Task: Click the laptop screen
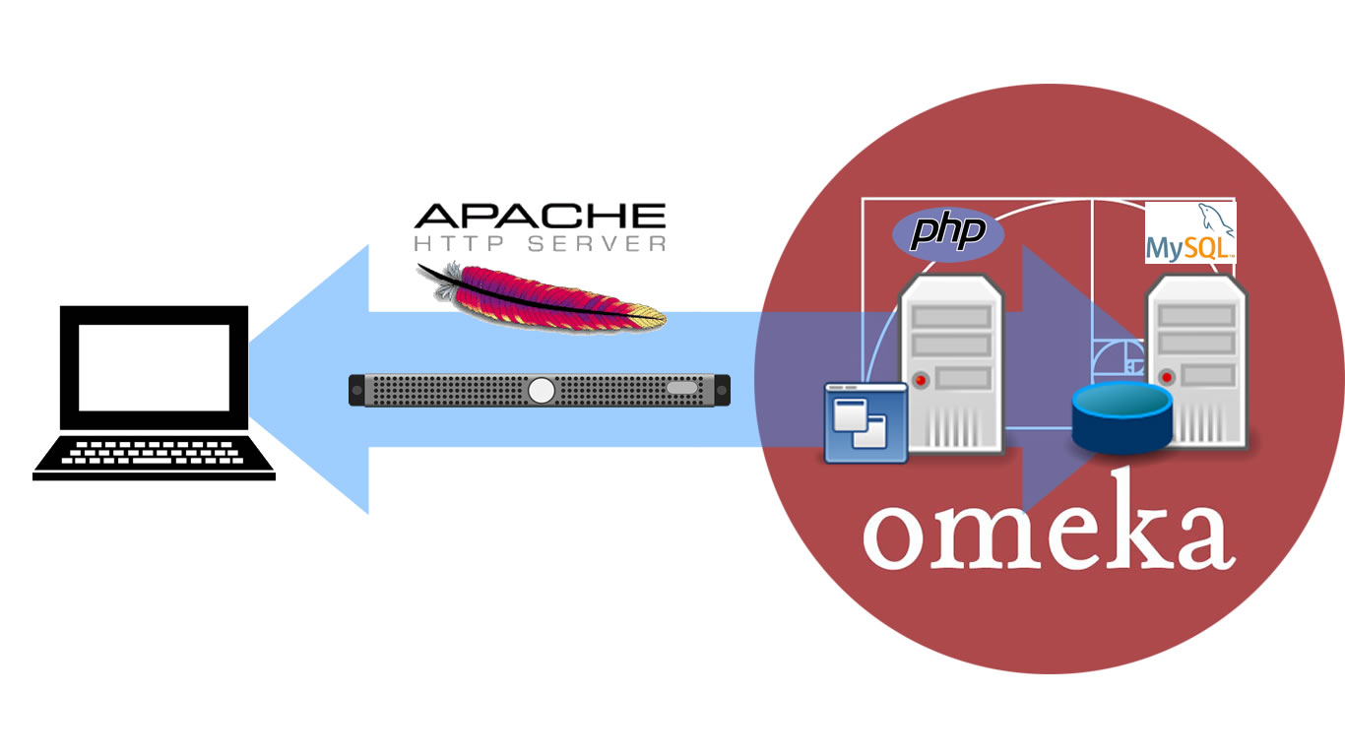coord(155,367)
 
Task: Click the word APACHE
coord(540,217)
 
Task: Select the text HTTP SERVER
coord(540,243)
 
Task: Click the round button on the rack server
coord(541,390)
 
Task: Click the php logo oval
coord(947,233)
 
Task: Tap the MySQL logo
coord(1190,233)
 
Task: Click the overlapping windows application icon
coord(865,422)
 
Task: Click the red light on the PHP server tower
coord(921,379)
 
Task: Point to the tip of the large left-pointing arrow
coord(250,379)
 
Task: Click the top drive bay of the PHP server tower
coord(951,317)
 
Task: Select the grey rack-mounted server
coord(540,390)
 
